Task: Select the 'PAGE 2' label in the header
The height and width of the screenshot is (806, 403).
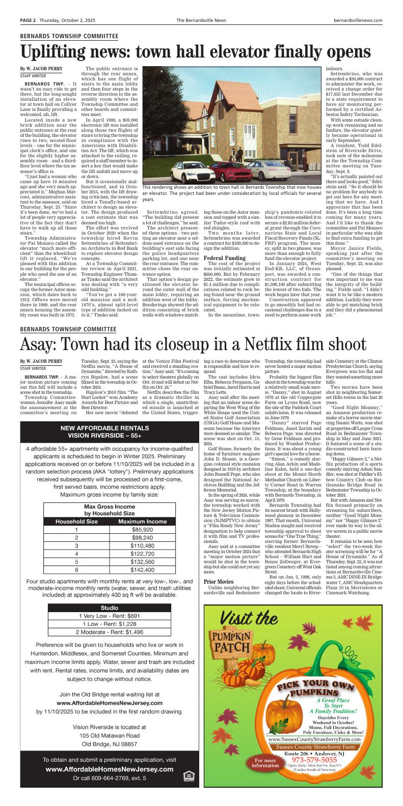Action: point(28,20)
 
